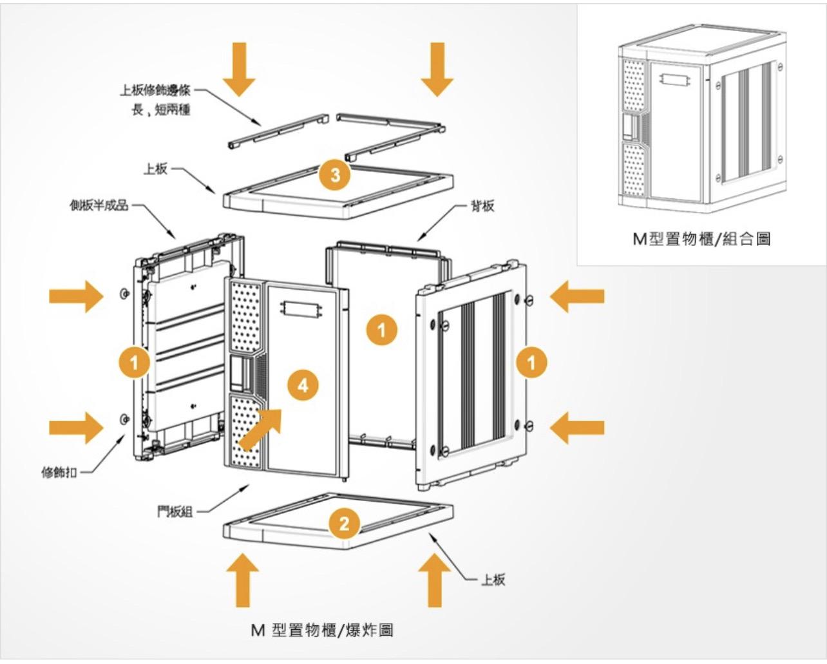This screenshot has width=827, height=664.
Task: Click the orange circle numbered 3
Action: [335, 174]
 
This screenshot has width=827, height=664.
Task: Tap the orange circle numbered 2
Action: [345, 522]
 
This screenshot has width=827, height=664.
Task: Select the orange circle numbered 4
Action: [303, 385]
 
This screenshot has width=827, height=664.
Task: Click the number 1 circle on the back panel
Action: [382, 330]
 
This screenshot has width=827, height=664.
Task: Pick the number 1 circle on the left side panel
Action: [134, 363]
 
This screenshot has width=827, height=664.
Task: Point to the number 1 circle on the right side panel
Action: [531, 363]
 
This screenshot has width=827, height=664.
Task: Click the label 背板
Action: [482, 206]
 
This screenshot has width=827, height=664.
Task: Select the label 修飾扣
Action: [59, 473]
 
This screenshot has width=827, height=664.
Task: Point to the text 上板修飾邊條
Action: [156, 91]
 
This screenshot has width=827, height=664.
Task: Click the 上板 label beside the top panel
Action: [155, 169]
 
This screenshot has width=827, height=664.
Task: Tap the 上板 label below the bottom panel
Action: [493, 580]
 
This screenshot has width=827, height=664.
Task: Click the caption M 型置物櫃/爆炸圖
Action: [322, 630]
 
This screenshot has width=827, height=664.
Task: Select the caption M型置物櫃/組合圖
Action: [701, 239]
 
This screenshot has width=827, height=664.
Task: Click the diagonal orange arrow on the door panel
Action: [261, 427]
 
